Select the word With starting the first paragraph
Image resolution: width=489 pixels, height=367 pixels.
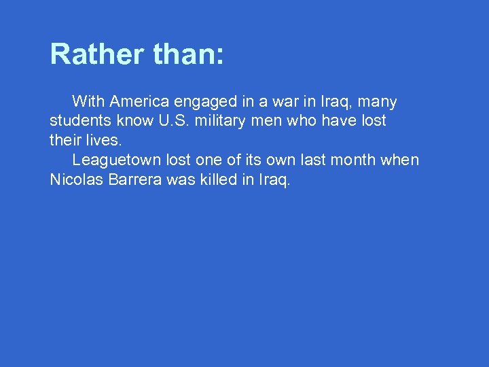click(x=88, y=102)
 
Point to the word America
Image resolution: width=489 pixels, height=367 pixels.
click(x=139, y=102)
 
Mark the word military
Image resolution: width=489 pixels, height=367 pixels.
click(x=226, y=121)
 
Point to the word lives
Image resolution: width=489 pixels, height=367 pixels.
click(x=103, y=141)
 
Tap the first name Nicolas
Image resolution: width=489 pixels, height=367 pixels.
click(x=75, y=180)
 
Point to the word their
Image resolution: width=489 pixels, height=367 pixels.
click(x=65, y=141)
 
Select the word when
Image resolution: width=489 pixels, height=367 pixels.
click(x=401, y=160)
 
